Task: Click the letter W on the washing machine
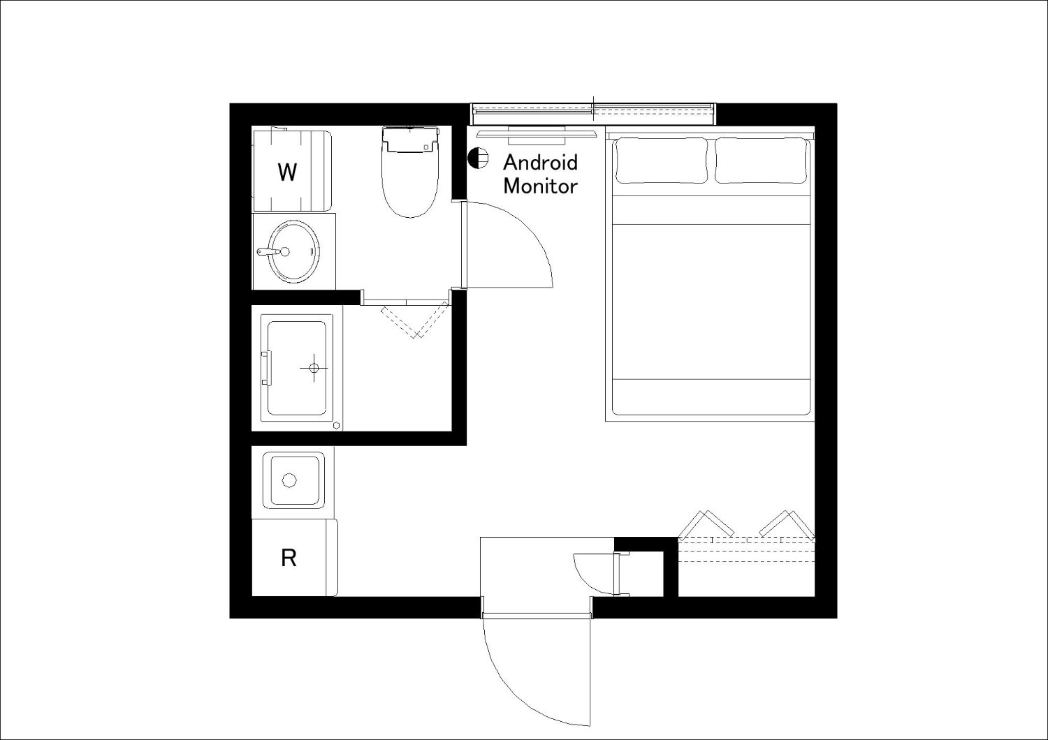tap(287, 172)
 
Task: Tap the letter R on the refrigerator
tap(289, 558)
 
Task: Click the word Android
tap(540, 163)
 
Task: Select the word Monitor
tap(540, 186)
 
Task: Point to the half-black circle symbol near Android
tap(478, 157)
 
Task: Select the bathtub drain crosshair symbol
tap(314, 368)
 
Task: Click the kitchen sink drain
tap(290, 480)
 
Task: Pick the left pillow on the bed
tap(662, 161)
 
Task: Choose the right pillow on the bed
tap(762, 161)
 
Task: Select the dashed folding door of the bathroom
tap(415, 320)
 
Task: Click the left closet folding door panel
tap(706, 524)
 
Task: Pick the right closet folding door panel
tap(787, 524)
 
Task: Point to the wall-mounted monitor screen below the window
tap(536, 134)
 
